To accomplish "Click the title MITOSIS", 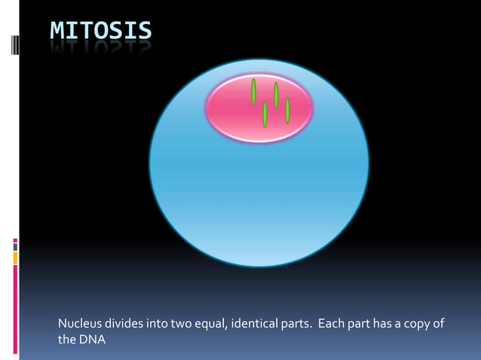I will (x=101, y=31).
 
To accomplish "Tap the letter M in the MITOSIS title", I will (x=57, y=31).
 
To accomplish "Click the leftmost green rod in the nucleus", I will (x=254, y=91).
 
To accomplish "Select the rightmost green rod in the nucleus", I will (x=287, y=110).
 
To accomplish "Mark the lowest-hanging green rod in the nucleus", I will (x=265, y=114).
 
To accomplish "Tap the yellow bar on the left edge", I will (x=15, y=258).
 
